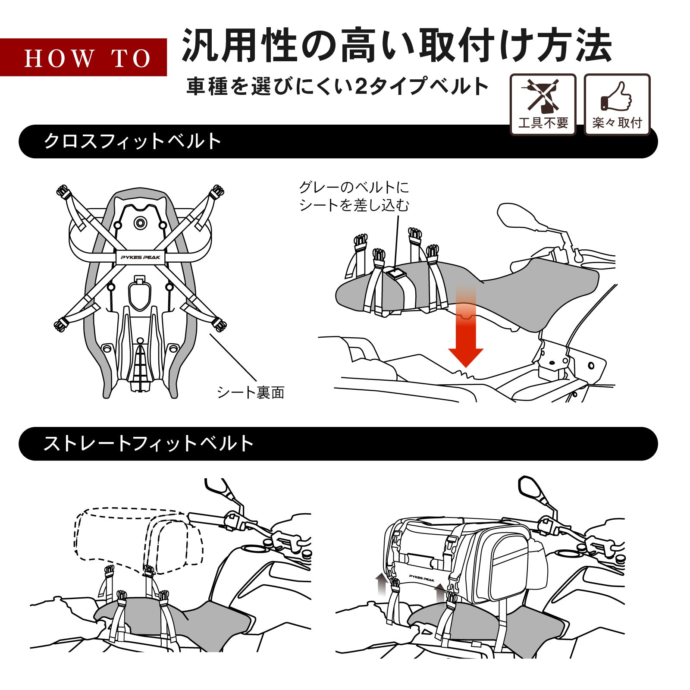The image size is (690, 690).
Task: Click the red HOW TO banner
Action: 83,57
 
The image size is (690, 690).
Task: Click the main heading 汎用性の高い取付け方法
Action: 397,46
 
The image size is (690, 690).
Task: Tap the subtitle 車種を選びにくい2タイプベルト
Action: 337,86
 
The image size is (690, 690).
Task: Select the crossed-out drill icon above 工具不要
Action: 543,95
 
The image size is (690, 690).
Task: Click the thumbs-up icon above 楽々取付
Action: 617,96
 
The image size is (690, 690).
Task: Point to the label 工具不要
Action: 543,123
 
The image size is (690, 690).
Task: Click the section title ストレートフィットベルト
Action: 148,444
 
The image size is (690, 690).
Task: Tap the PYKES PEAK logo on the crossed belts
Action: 140,257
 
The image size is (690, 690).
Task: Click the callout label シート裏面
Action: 251,392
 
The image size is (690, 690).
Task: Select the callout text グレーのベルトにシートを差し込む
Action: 354,196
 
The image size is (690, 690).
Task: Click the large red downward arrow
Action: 465,341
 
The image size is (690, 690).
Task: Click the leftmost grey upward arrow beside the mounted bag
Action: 381,584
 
